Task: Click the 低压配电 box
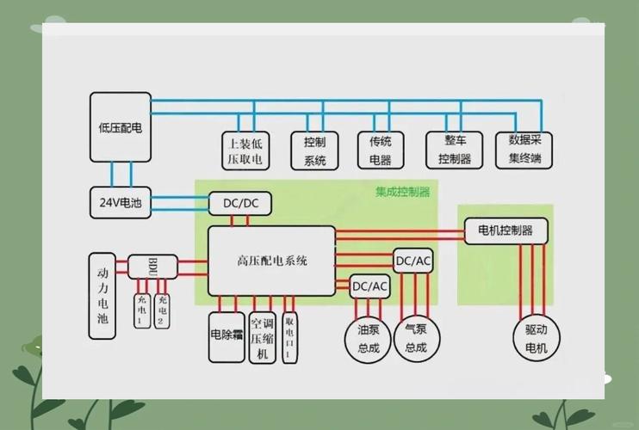pyautogui.click(x=120, y=126)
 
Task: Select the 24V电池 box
pyautogui.click(x=120, y=203)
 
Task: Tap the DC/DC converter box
pyautogui.click(x=240, y=204)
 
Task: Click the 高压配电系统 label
pyautogui.click(x=271, y=261)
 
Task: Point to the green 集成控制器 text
pyautogui.click(x=402, y=192)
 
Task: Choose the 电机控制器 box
pyautogui.click(x=505, y=230)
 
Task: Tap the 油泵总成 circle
pyautogui.click(x=368, y=339)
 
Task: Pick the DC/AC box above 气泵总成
pyautogui.click(x=413, y=261)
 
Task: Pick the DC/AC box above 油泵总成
pyautogui.click(x=369, y=286)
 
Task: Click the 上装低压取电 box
pyautogui.click(x=245, y=150)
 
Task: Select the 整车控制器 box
pyautogui.click(x=455, y=150)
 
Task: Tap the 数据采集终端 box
pyautogui.click(x=524, y=150)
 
